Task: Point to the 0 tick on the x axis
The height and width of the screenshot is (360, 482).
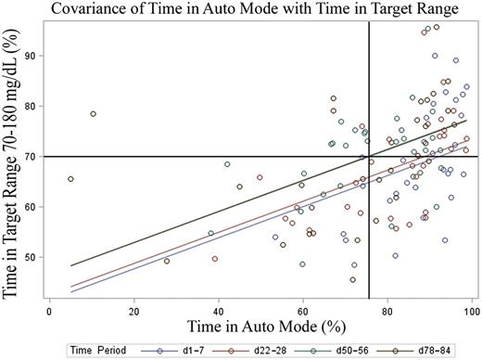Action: coord(49,301)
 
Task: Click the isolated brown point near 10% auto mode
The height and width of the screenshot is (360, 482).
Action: coord(93,114)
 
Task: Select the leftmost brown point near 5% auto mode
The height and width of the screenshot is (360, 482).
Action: coord(70,179)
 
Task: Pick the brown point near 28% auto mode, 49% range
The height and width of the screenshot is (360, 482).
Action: coord(167,261)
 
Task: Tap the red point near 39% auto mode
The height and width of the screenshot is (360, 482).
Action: coord(215,259)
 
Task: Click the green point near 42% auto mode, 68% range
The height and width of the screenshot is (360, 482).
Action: coord(227,164)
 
